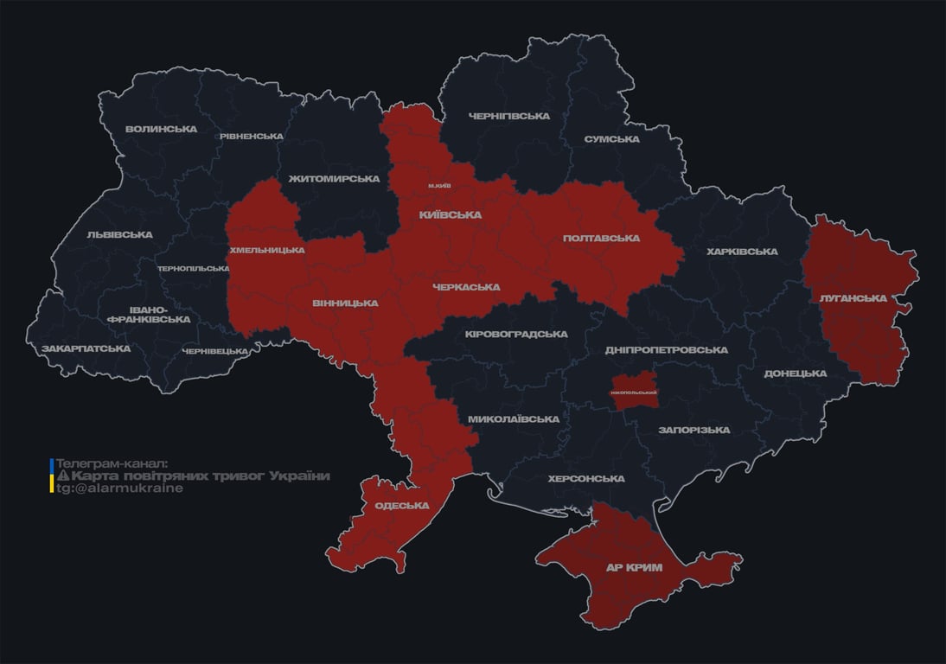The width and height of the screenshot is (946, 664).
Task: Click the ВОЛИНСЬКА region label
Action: coord(161,130)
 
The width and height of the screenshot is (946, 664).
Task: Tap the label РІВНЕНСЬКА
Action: coord(251,137)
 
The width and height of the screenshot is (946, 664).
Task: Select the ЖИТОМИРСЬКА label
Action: coord(334,179)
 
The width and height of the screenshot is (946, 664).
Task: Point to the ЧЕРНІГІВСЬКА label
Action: coord(508,116)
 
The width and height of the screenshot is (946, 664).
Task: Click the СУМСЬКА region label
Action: coord(611,139)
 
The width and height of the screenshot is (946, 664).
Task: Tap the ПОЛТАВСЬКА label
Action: coord(601,239)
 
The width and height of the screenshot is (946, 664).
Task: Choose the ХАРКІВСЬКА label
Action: coord(741,252)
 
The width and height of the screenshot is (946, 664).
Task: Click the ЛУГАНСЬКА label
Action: coord(853,298)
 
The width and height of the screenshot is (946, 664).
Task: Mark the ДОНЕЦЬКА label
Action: coord(795,373)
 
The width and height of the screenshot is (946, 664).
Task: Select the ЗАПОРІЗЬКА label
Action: coord(694,430)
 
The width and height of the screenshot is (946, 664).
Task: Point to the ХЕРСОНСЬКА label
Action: coord(585,479)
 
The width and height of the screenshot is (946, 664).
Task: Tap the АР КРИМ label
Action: coord(633,568)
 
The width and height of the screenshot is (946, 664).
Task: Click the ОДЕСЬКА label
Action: coord(401,506)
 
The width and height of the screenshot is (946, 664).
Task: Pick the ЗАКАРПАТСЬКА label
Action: coord(86,349)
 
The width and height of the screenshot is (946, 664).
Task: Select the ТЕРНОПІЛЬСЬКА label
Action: coord(194,269)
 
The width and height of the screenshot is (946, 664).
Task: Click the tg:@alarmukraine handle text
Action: coord(119,488)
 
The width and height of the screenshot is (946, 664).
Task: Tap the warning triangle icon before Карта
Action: coord(62,476)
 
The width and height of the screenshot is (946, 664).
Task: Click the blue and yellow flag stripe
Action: coord(52,476)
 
